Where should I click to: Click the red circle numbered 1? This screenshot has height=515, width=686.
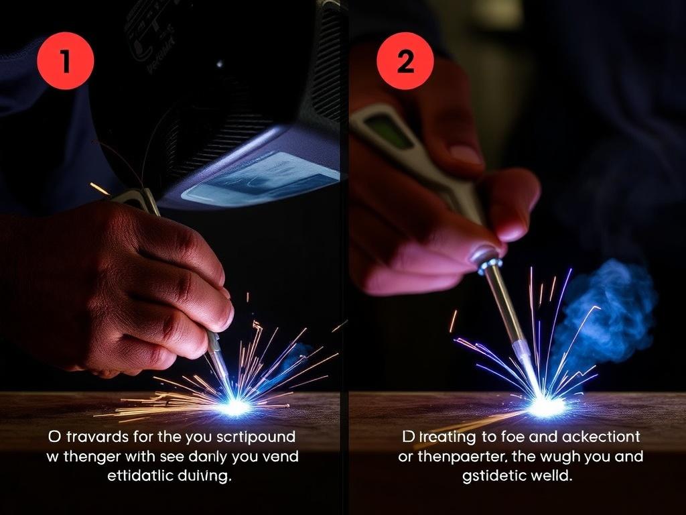click(x=65, y=61)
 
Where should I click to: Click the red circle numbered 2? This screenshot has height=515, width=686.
click(x=405, y=61)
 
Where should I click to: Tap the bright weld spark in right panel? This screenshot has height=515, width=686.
click(x=546, y=405)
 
